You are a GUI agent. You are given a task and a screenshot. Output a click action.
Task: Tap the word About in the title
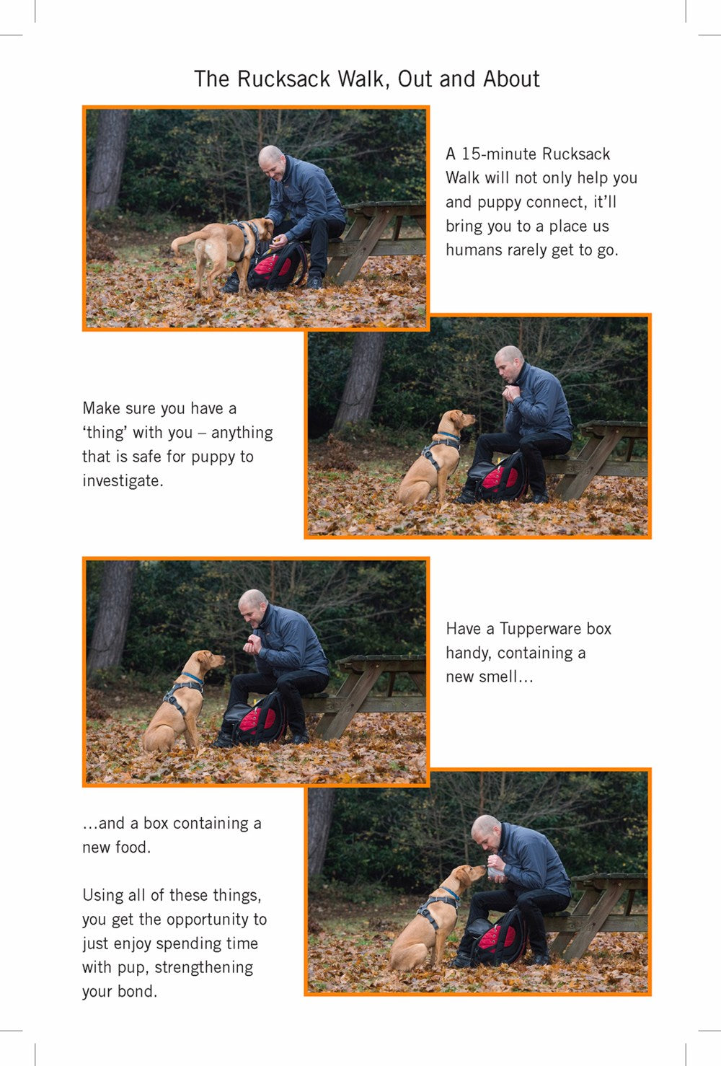pos(511,79)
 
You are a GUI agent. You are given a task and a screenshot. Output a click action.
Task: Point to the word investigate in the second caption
pos(121,481)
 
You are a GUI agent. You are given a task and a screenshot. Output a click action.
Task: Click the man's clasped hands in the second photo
pos(510,394)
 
